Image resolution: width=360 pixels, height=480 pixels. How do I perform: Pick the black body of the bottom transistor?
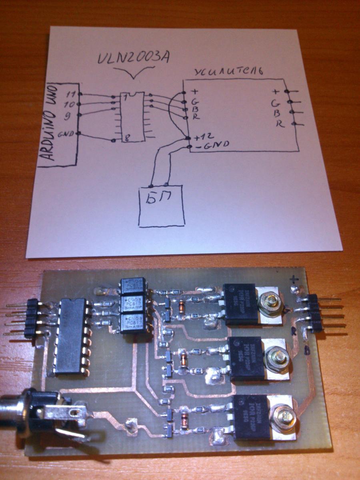(x=251, y=416)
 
